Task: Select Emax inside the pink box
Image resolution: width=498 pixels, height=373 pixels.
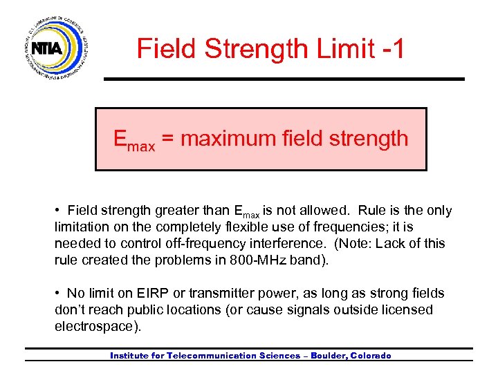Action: click(x=134, y=140)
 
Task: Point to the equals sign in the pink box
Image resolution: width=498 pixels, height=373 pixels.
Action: click(x=169, y=139)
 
